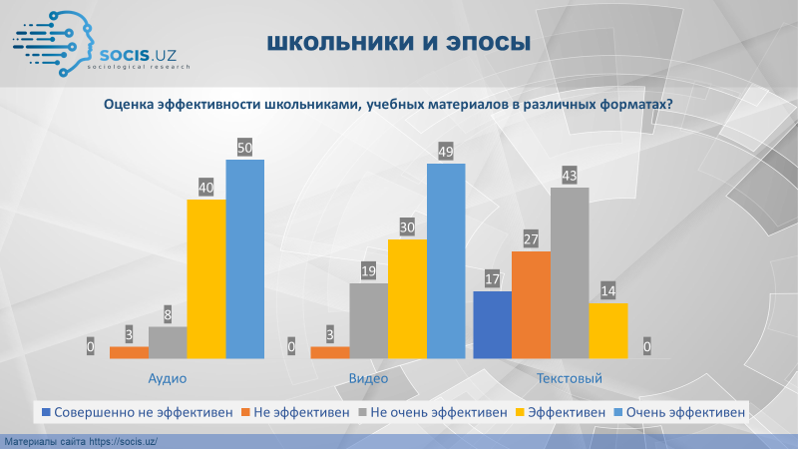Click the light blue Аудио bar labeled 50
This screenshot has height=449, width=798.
[244, 259]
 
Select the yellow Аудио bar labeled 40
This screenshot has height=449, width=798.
[206, 279]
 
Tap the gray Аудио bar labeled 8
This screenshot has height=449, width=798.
[168, 342]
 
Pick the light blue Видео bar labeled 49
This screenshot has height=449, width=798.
[446, 261]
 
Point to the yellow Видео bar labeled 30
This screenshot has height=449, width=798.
[407, 298]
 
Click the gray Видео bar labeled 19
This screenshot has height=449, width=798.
[368, 320]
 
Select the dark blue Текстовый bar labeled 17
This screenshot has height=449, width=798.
[492, 325]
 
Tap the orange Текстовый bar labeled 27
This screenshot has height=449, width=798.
[531, 305]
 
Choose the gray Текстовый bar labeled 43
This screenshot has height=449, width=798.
[570, 272]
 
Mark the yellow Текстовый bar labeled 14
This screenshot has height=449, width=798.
[608, 331]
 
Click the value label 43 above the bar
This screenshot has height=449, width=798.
[570, 176]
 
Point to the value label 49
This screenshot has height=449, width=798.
[446, 152]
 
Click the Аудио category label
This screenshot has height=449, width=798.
[168, 378]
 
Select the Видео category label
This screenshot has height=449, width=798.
[368, 378]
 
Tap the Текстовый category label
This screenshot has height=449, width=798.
[570, 378]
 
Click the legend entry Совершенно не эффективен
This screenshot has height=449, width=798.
[138, 412]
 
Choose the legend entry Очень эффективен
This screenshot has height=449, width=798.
[680, 412]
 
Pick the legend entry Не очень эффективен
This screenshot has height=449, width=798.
[433, 412]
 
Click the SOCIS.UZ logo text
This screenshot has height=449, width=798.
[138, 55]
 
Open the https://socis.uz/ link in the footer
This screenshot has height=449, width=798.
[123, 442]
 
